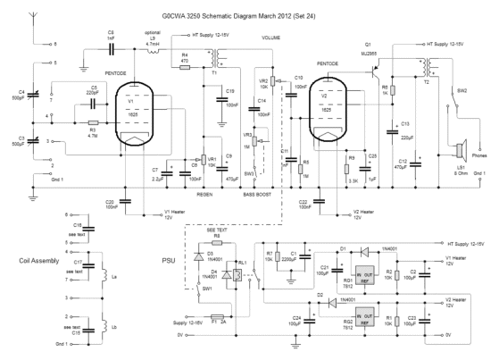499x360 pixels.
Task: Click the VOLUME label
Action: click(270, 38)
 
